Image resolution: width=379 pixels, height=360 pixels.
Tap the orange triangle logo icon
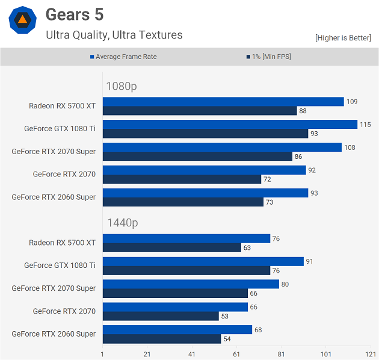(22, 20)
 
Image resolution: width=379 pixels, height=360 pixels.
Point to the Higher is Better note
(343, 38)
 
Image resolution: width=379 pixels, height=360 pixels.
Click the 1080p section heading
(122, 86)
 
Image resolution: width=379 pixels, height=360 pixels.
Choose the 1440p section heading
(122, 223)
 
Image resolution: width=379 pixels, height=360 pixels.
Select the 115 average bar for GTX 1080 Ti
(230, 125)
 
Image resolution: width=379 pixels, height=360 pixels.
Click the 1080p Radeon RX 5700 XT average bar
(223, 102)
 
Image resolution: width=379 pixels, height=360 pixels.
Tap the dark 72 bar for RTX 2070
(182, 179)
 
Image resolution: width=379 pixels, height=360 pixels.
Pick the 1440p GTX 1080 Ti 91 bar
(203, 261)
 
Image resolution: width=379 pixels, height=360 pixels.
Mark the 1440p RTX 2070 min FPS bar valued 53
(161, 316)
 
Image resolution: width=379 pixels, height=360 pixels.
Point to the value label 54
(227, 339)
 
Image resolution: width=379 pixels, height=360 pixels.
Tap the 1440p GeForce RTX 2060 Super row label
(54, 334)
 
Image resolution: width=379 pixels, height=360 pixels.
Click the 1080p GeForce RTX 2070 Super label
(54, 151)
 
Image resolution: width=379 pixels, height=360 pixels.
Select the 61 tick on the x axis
(236, 354)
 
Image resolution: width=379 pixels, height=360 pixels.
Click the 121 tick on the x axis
(370, 354)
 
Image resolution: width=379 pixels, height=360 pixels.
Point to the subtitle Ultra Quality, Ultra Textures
(114, 35)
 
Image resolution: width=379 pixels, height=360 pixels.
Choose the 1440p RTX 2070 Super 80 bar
(191, 284)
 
